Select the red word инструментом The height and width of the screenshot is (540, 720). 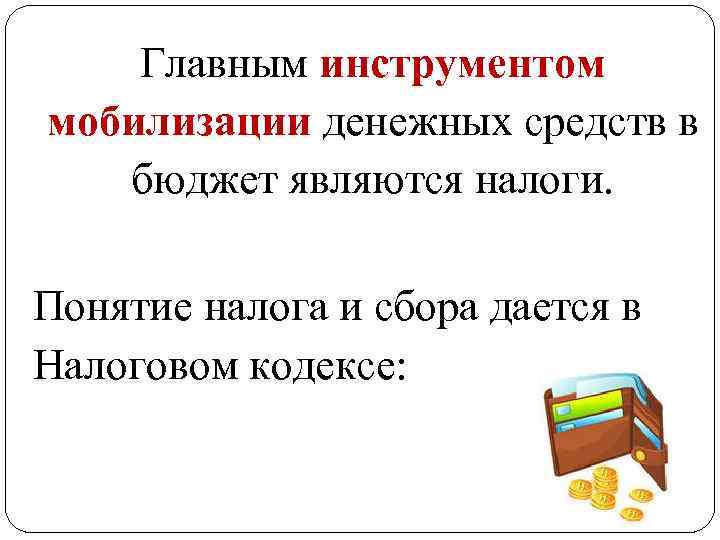click(x=464, y=65)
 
